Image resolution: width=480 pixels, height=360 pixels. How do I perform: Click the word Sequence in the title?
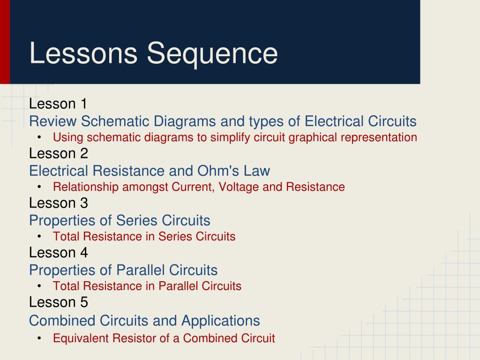click(x=212, y=53)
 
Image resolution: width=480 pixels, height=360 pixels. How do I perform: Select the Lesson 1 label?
click(x=58, y=104)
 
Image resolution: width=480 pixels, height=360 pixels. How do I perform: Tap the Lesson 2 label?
click(x=58, y=153)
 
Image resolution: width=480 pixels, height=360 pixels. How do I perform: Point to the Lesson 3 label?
click(x=58, y=203)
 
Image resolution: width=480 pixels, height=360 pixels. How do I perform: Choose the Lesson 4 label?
click(x=58, y=253)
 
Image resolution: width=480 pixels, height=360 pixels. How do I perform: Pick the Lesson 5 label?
click(x=58, y=302)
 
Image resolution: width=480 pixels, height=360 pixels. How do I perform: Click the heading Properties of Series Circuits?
click(x=120, y=220)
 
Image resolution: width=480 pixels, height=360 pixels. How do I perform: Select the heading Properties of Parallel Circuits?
click(x=123, y=270)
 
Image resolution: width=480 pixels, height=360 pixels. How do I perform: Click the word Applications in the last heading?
click(x=220, y=321)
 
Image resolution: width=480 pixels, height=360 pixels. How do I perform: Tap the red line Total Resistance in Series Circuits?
click(x=144, y=236)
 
